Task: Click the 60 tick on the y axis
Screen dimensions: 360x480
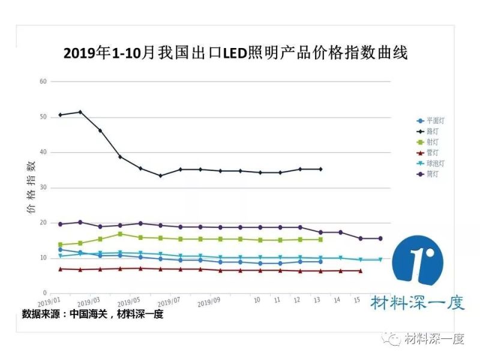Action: [x=43, y=82]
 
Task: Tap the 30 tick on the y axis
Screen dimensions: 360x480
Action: [x=43, y=188]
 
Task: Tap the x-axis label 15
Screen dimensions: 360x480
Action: [x=357, y=299]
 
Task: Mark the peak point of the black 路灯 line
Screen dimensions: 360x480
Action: [x=80, y=112]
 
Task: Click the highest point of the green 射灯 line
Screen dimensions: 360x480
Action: [x=120, y=234]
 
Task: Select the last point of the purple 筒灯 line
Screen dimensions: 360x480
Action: [x=380, y=238]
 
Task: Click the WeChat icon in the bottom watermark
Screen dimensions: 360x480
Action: [x=394, y=340]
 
